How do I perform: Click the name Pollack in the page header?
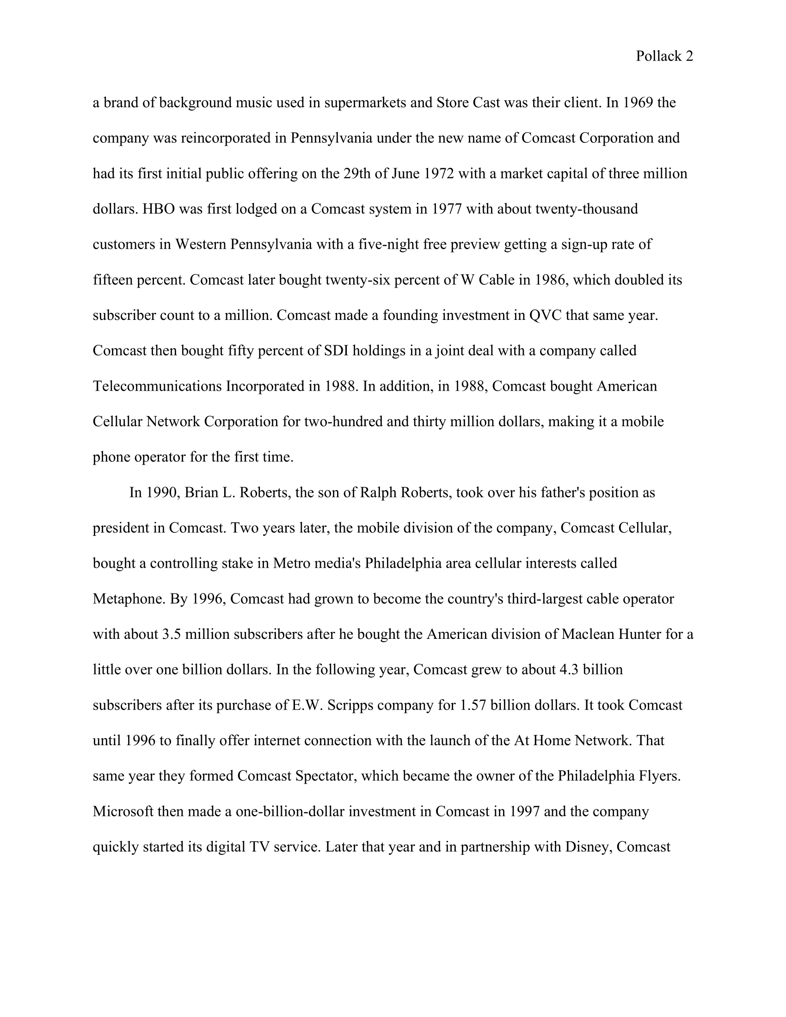(x=658, y=56)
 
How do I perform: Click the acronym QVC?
(x=545, y=315)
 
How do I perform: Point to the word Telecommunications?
(x=157, y=386)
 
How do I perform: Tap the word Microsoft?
(x=123, y=812)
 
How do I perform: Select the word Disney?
(x=588, y=847)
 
